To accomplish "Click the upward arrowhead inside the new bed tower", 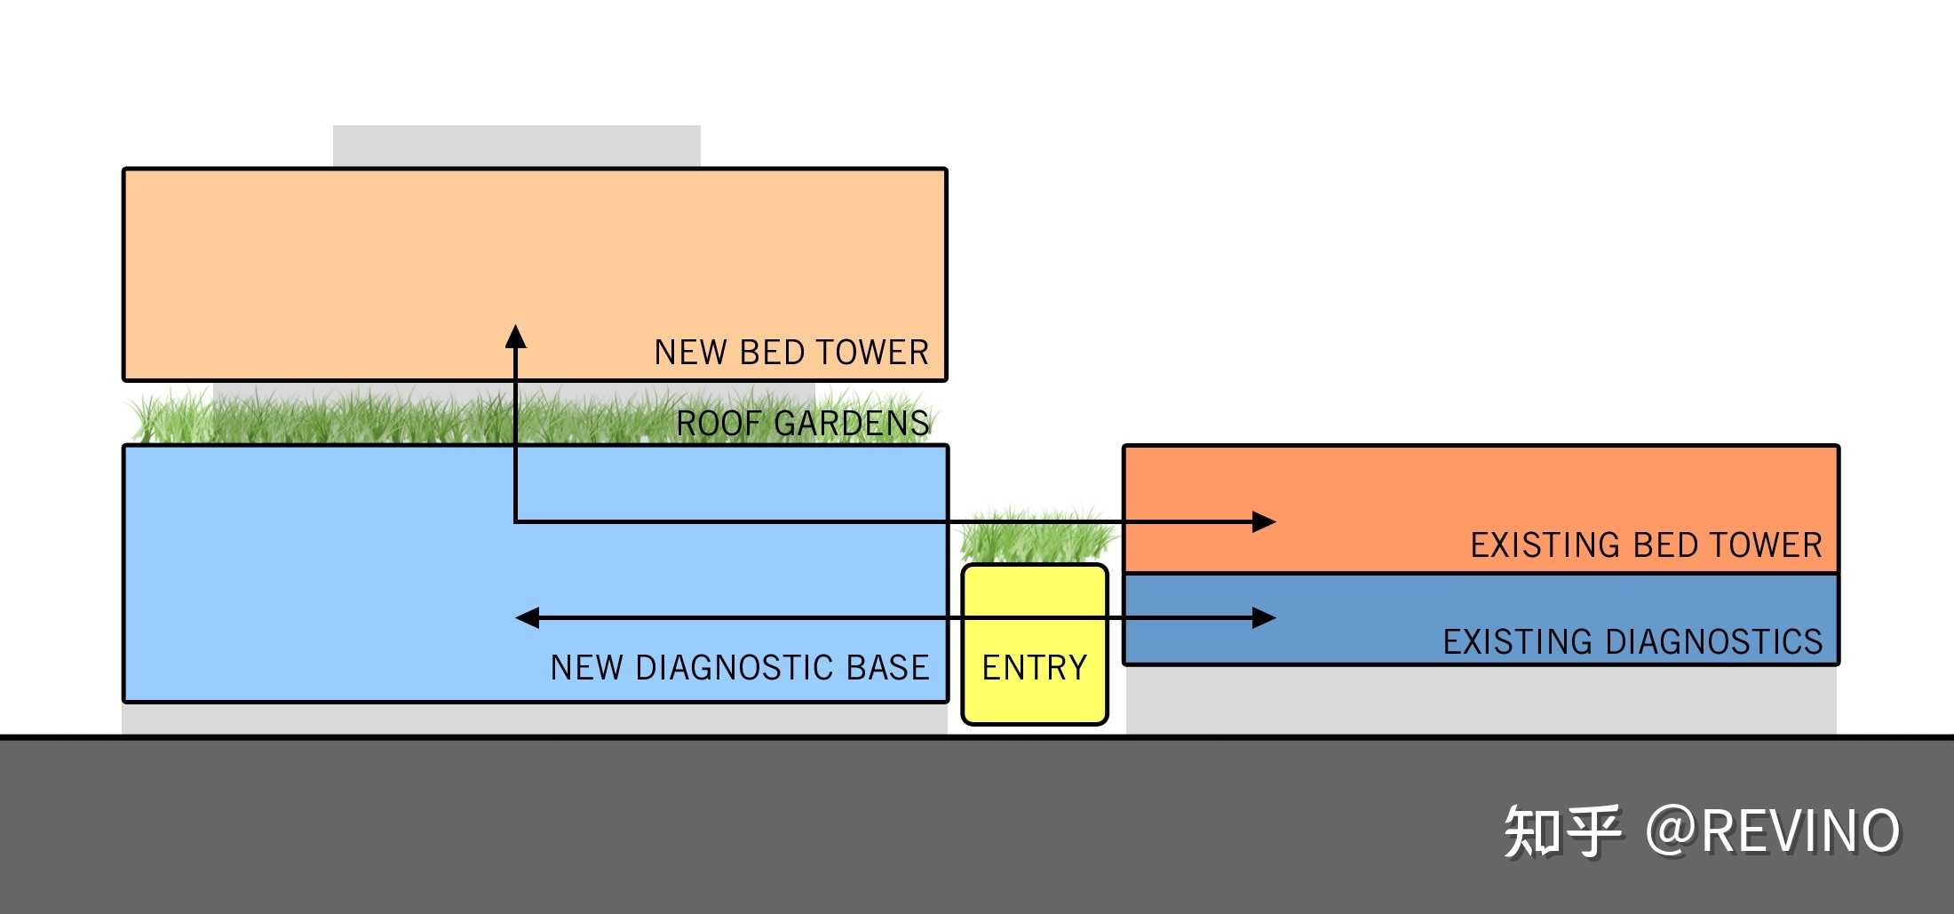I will pos(516,338).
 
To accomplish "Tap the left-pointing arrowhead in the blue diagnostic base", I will pos(528,617).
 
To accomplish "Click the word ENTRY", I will pos(1035,667).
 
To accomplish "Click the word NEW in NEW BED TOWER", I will pos(690,353).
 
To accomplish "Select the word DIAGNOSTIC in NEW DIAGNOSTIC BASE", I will pos(735,667).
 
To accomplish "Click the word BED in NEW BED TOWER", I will pos(772,353).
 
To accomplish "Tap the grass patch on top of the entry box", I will pos(1036,536).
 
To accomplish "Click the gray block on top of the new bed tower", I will pos(516,146).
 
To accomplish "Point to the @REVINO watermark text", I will pos(1773,831).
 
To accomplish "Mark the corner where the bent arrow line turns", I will pos(516,521).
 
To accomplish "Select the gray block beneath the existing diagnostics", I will pos(1481,700).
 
